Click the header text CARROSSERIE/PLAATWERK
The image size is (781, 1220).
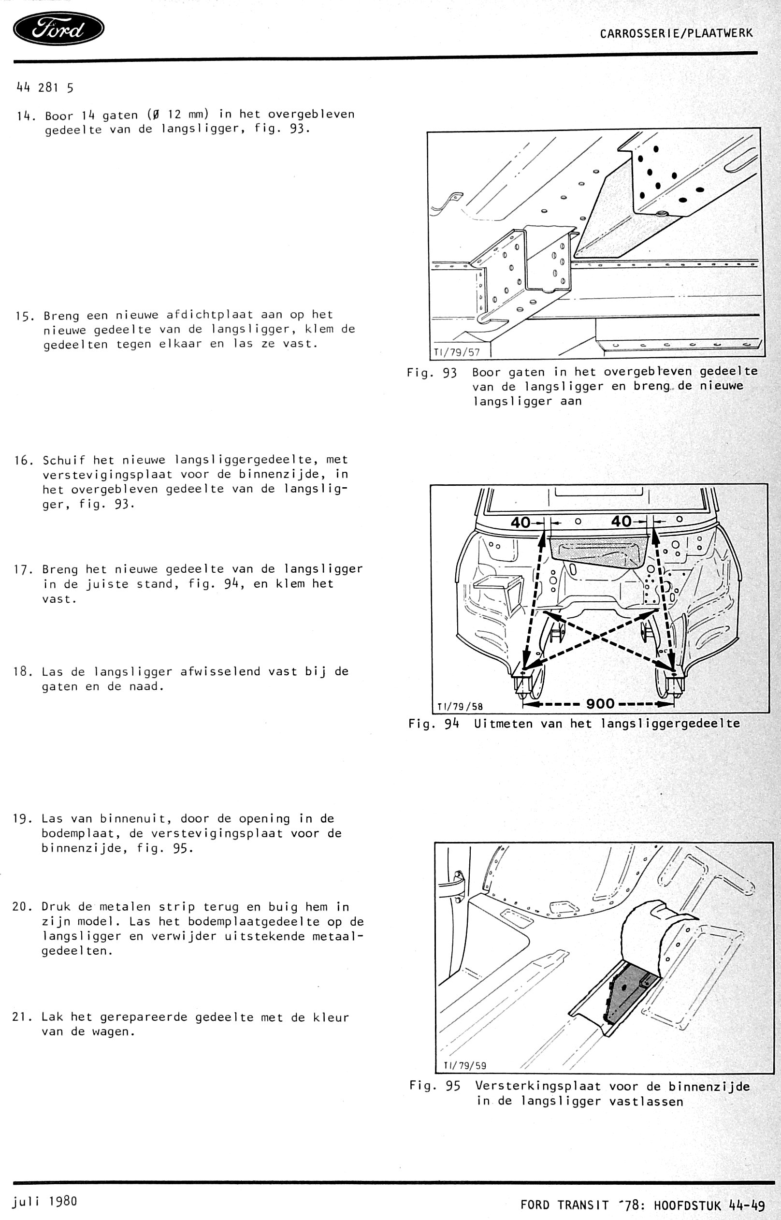(x=676, y=33)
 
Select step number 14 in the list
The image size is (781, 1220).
(x=24, y=116)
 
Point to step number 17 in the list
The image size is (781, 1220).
(x=23, y=569)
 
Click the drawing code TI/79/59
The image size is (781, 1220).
(x=465, y=1065)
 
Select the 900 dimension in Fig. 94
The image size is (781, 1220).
(x=600, y=704)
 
